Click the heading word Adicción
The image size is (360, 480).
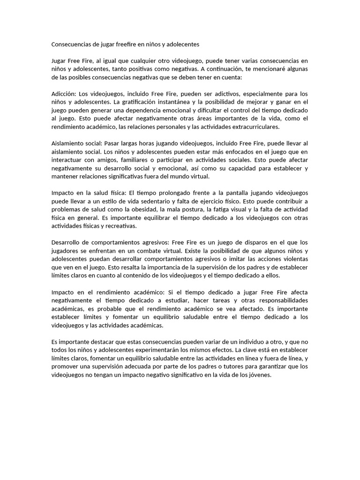pyautogui.click(x=64, y=93)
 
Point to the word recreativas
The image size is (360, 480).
pyautogui.click(x=121, y=226)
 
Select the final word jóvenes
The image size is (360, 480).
pyautogui.click(x=258, y=375)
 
